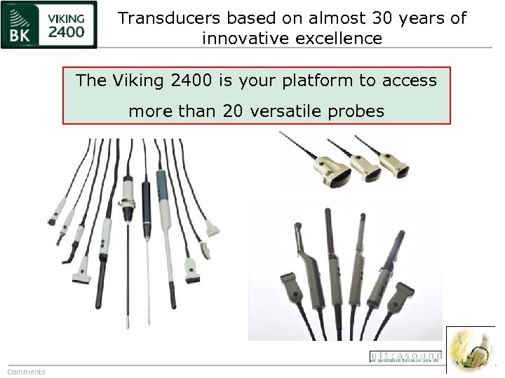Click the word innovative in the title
coord(244,38)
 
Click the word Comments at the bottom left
coord(26,372)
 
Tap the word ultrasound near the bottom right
coord(405,356)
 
